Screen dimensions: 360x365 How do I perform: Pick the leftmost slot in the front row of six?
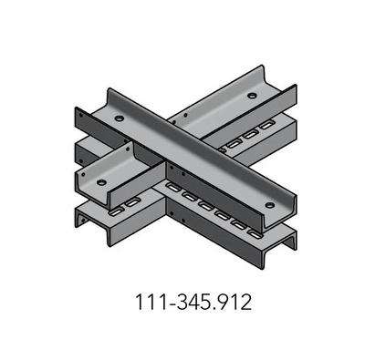pos(169,188)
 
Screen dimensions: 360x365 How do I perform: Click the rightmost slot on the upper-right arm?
pos(267,121)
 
